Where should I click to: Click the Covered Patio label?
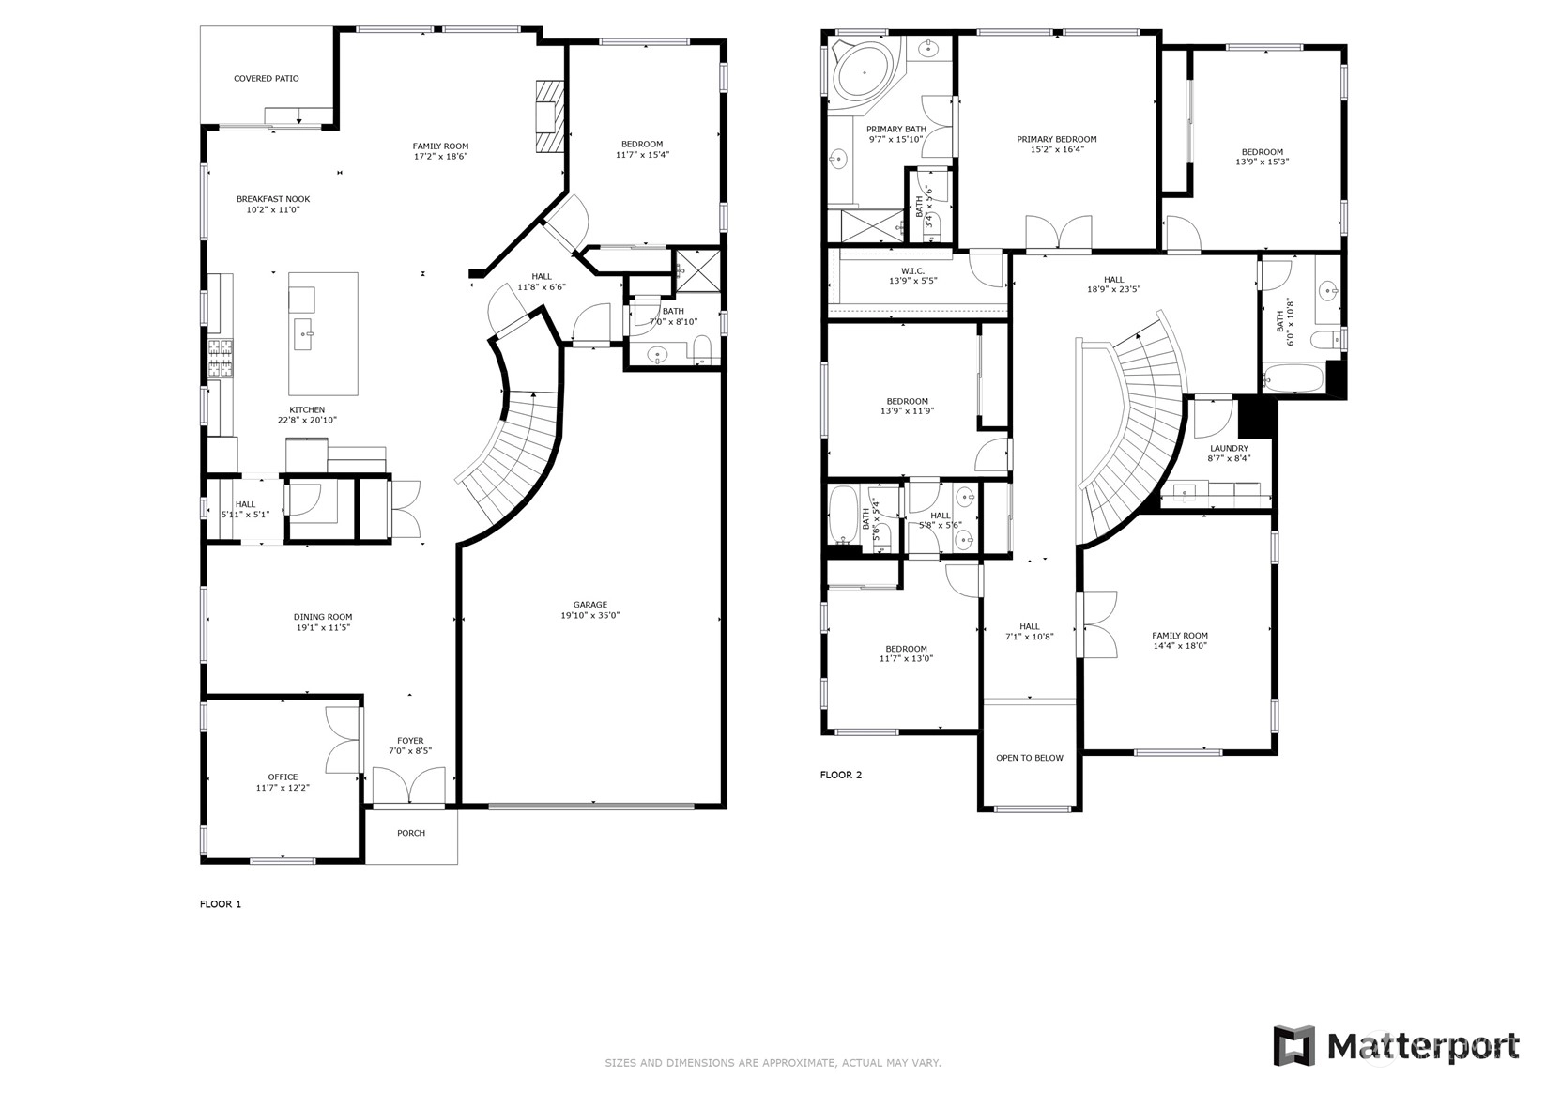tap(267, 79)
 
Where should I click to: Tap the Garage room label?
tap(590, 604)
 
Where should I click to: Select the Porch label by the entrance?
tap(411, 833)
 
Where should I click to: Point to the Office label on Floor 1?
tap(283, 777)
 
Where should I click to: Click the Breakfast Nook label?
tap(273, 199)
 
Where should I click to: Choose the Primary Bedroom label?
tap(1057, 140)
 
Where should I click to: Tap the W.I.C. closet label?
tap(912, 271)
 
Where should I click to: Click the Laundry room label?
tap(1230, 448)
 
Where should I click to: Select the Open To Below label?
tap(1030, 758)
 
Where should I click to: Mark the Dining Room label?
tap(323, 617)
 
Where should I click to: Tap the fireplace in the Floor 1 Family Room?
tap(551, 116)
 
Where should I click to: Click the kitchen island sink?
tap(303, 335)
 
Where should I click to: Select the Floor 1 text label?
tap(221, 904)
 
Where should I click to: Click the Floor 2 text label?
tap(841, 775)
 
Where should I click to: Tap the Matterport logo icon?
tap(1294, 1046)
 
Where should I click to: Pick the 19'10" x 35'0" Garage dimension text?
tap(590, 615)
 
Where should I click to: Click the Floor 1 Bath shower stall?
tap(697, 270)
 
